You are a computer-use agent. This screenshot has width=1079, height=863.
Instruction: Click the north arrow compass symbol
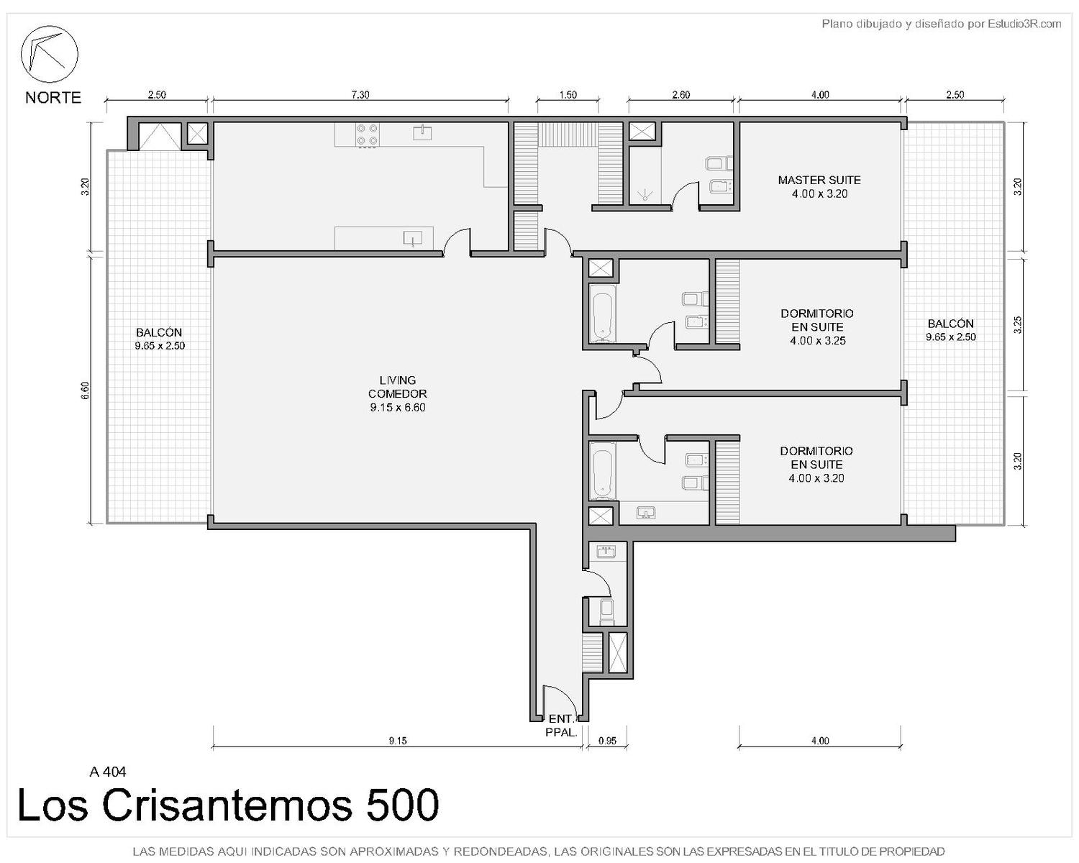click(49, 54)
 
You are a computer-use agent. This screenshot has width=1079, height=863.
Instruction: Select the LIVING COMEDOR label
click(398, 393)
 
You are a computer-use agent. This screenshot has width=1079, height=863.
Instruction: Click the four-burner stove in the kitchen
click(367, 135)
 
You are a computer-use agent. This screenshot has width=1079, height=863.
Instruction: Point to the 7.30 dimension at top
click(360, 95)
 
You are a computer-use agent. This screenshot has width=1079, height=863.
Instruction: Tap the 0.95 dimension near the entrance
click(607, 740)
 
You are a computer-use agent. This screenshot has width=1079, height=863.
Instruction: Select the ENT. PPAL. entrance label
click(561, 726)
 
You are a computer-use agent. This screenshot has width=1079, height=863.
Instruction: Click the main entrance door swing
click(560, 700)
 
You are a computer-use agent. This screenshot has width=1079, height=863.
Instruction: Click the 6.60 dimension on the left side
click(85, 390)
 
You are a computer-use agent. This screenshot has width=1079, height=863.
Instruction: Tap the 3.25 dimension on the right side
click(1017, 324)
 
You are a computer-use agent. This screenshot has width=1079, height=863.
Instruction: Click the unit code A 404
click(108, 772)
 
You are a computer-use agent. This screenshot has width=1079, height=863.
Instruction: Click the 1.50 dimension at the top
click(568, 95)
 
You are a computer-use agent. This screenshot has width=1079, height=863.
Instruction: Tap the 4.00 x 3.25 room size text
click(818, 340)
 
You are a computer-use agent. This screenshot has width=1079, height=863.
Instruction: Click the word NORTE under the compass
click(53, 97)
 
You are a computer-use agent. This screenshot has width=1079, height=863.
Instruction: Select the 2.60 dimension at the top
click(681, 95)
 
